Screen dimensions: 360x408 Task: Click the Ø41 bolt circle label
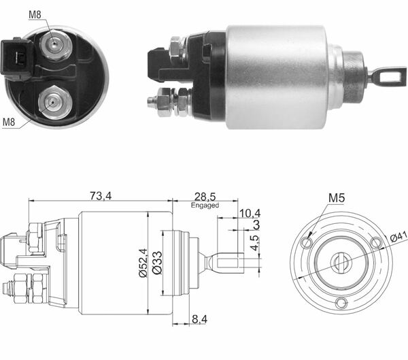point(397,237)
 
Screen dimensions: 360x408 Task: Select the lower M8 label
point(9,122)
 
